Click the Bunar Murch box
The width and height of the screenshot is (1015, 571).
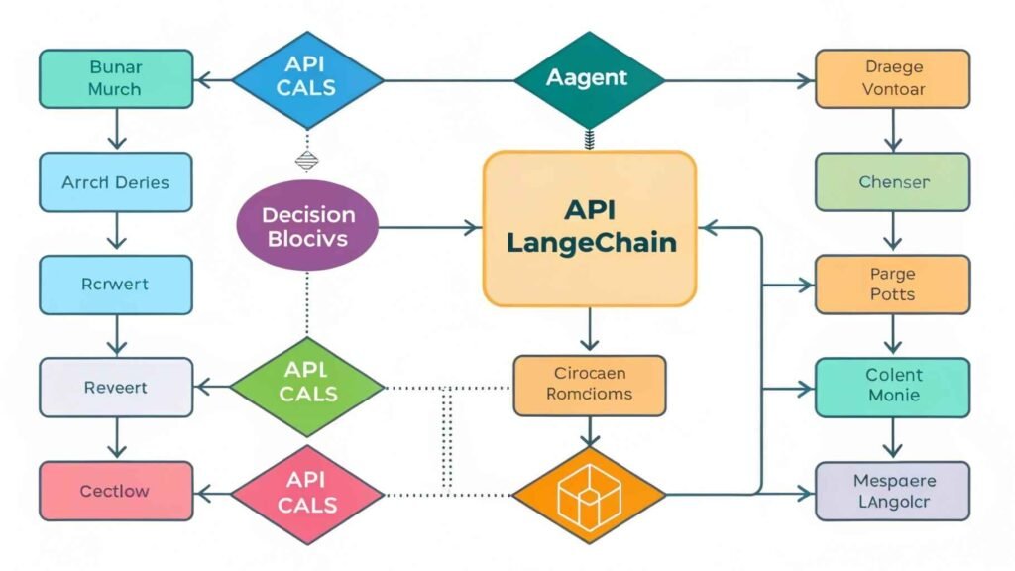pyautogui.click(x=116, y=78)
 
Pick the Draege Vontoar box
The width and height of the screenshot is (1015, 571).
pyautogui.click(x=893, y=77)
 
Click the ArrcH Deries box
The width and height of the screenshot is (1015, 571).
pyautogui.click(x=116, y=183)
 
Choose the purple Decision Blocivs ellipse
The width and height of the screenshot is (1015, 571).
pyautogui.click(x=309, y=227)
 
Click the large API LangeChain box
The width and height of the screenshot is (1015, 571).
pyautogui.click(x=590, y=228)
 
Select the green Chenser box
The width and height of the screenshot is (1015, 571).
pyautogui.click(x=893, y=183)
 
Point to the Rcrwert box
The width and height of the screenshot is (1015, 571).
pyautogui.click(x=116, y=285)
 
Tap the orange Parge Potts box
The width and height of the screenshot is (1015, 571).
pyautogui.click(x=893, y=285)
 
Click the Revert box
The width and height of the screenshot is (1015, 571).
pyautogui.click(x=116, y=387)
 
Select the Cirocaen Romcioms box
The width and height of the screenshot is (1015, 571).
pyautogui.click(x=590, y=386)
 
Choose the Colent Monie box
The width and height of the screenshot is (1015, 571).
pyautogui.click(x=893, y=386)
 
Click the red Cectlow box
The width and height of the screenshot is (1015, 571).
pyautogui.click(x=116, y=492)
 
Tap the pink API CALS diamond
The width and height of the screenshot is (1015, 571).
pyautogui.click(x=309, y=492)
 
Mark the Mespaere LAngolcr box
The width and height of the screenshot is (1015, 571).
pyautogui.click(x=893, y=492)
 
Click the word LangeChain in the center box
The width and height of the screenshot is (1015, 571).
pyautogui.click(x=591, y=243)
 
